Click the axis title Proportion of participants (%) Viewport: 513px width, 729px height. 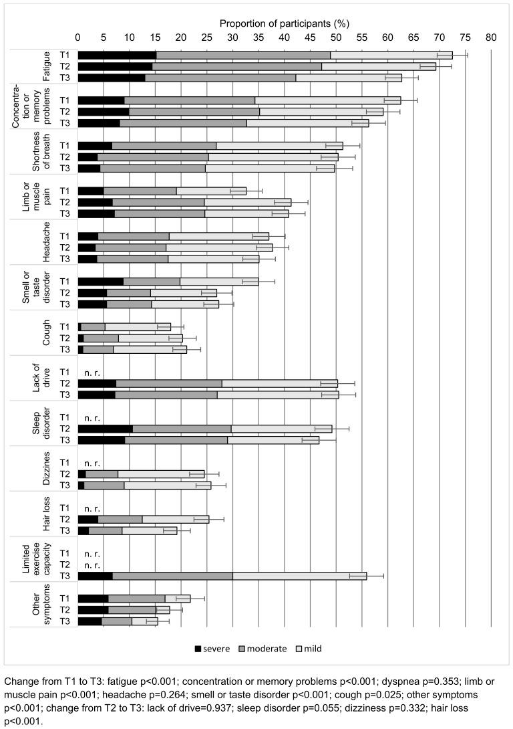pyautogui.click(x=285, y=24)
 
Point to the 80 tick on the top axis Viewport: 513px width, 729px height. pyautogui.click(x=491, y=39)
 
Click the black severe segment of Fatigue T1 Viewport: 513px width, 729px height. pyautogui.click(x=117, y=55)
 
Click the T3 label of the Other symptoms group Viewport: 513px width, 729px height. pyautogui.click(x=65, y=621)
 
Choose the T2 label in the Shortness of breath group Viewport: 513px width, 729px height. pyautogui.click(x=65, y=157)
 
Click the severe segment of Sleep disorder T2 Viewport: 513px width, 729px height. pyautogui.click(x=105, y=428)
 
